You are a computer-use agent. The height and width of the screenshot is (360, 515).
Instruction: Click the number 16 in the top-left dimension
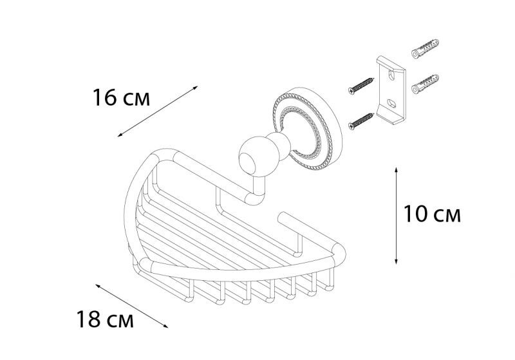(105, 99)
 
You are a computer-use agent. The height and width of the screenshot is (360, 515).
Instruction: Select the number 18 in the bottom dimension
(89, 319)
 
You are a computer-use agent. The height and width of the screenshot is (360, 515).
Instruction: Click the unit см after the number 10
(447, 215)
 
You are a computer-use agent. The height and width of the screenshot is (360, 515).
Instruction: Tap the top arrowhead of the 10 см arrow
(396, 169)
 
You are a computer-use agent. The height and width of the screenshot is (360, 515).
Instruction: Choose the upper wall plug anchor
(426, 48)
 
